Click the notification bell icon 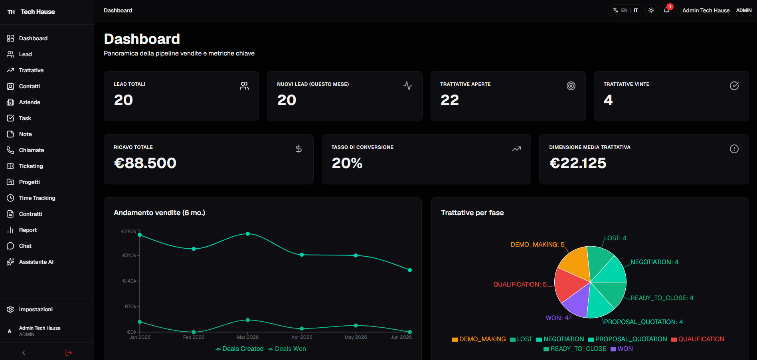point(666,10)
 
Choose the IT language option point(636,10)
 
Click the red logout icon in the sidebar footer point(69,353)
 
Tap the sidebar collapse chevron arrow point(24,353)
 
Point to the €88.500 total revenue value point(145,163)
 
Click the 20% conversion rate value point(347,163)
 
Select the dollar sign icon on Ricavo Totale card point(298,149)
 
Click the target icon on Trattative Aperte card point(571,86)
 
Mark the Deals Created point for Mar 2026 point(248,234)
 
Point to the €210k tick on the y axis point(130,255)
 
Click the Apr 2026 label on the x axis point(302,337)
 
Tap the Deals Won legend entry point(287,349)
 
